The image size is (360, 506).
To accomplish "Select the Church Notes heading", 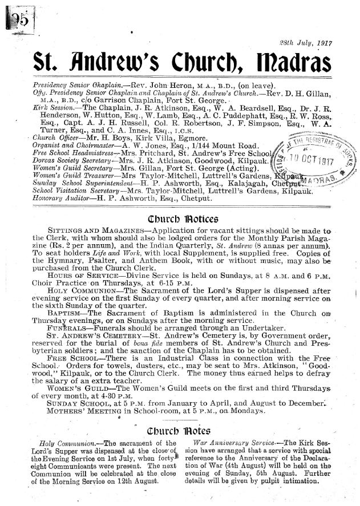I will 179,430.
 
